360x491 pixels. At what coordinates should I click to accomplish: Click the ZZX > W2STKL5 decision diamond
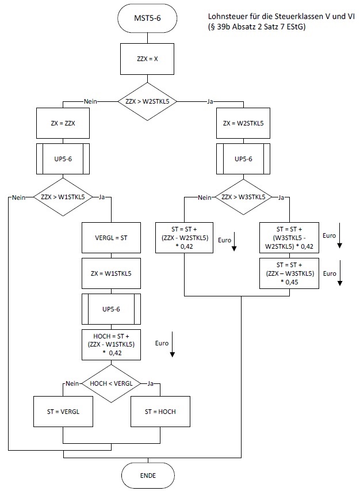tap(147, 101)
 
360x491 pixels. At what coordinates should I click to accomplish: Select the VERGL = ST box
tap(113, 237)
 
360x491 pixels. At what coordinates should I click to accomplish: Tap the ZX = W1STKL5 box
tap(113, 273)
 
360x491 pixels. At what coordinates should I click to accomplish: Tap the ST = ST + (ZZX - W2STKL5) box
tap(185, 237)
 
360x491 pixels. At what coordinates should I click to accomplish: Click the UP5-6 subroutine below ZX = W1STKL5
tap(113, 309)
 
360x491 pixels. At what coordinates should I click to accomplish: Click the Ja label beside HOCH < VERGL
tap(151, 383)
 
